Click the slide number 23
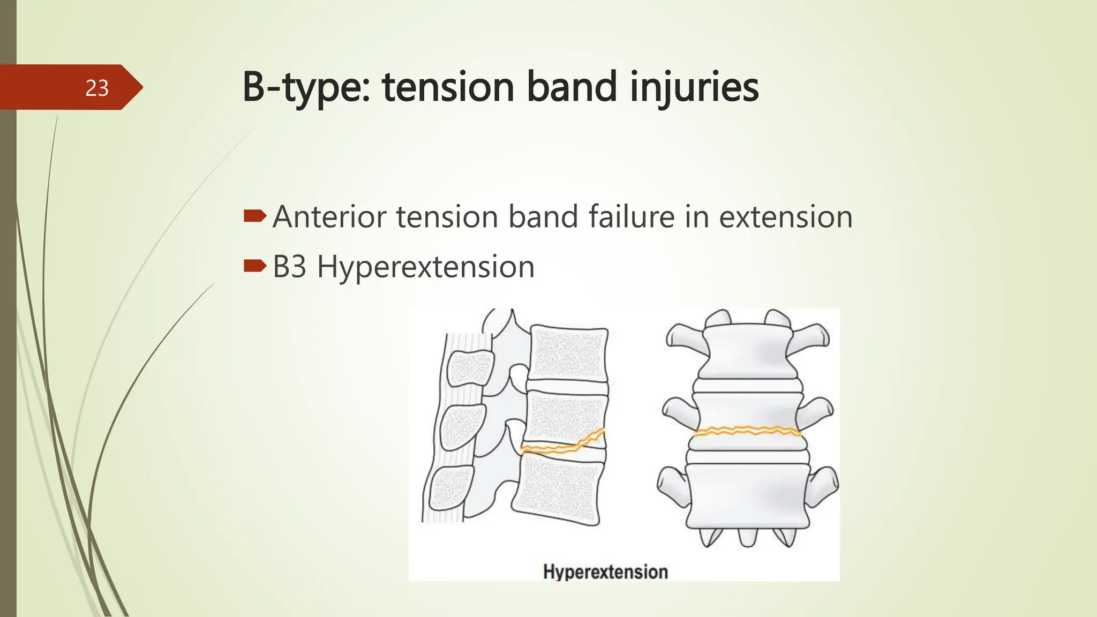[97, 88]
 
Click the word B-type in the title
[305, 87]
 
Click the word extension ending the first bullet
[785, 217]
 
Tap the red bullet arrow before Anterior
[255, 216]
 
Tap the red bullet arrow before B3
[255, 266]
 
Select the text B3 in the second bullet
[289, 266]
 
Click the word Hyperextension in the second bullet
[425, 267]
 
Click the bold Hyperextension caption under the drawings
[605, 571]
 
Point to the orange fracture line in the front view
[747, 431]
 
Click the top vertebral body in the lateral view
[569, 354]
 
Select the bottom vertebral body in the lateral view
[557, 490]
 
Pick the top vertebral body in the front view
[748, 351]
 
